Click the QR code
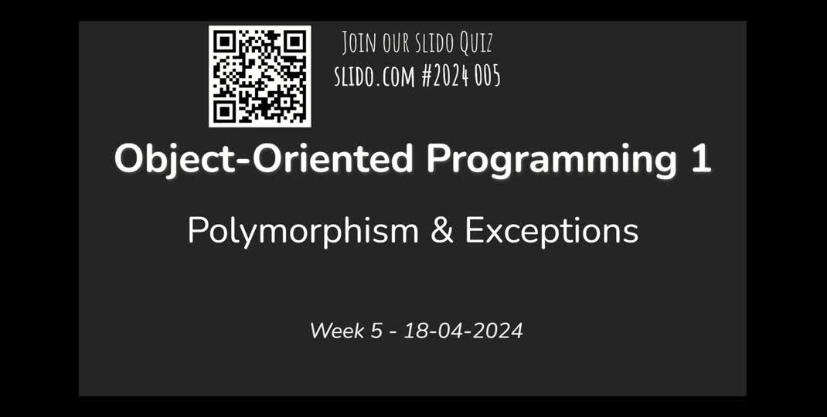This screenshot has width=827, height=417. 260,76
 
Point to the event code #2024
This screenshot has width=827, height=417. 445,76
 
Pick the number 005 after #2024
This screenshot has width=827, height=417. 488,76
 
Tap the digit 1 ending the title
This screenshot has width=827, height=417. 699,159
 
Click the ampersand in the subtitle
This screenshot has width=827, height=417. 442,231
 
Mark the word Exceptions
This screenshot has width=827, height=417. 552,231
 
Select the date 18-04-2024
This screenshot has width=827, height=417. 464,331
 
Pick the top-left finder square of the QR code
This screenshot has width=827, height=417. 224,41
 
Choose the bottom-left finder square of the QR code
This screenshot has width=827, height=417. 224,111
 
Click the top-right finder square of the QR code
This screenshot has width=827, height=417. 294,41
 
